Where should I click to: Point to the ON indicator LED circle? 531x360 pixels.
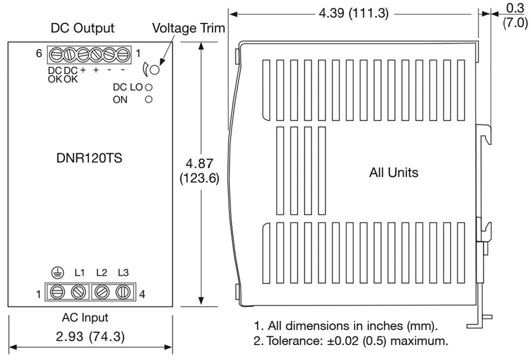(x=148, y=100)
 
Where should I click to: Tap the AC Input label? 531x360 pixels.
(x=89, y=317)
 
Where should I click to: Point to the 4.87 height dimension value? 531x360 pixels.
(x=201, y=164)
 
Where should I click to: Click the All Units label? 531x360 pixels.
(x=394, y=173)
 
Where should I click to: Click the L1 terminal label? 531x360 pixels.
(x=79, y=272)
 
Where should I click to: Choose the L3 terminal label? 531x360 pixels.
(x=123, y=272)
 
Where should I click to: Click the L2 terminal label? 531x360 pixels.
(x=101, y=272)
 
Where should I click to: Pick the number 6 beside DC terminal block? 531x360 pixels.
(x=39, y=53)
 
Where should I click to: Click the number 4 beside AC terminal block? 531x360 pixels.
(x=142, y=294)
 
